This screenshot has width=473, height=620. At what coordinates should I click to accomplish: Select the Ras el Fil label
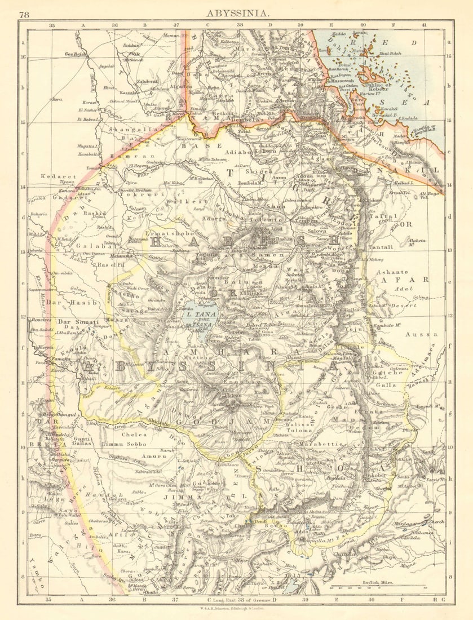[110, 264]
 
